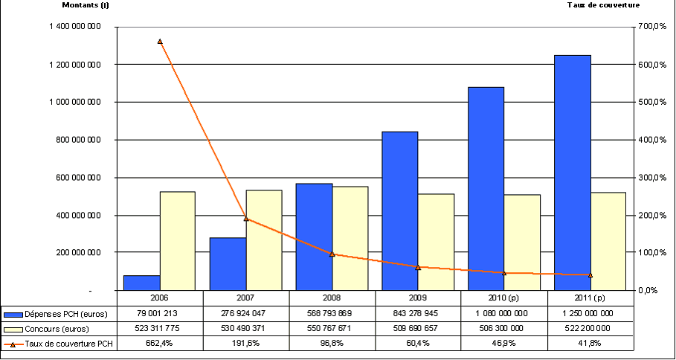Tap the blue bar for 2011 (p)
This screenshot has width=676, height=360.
click(573, 172)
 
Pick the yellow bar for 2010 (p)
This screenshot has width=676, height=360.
click(521, 242)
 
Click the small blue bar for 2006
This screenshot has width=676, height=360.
click(141, 282)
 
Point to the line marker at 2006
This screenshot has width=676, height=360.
click(160, 42)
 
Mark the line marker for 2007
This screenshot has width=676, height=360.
click(246, 219)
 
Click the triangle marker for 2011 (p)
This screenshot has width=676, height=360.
click(590, 275)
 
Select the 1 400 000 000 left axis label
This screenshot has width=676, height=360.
click(72, 27)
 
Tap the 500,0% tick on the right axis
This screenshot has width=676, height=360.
click(648, 102)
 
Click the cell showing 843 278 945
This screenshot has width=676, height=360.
click(417, 312)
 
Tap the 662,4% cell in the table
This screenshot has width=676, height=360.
click(160, 343)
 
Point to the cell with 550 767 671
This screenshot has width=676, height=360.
click(332, 328)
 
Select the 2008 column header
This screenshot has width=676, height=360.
click(332, 298)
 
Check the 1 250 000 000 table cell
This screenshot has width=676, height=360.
click(590, 312)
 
